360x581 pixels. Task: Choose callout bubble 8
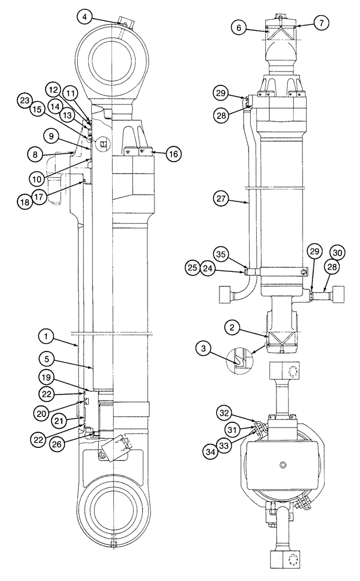36,155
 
